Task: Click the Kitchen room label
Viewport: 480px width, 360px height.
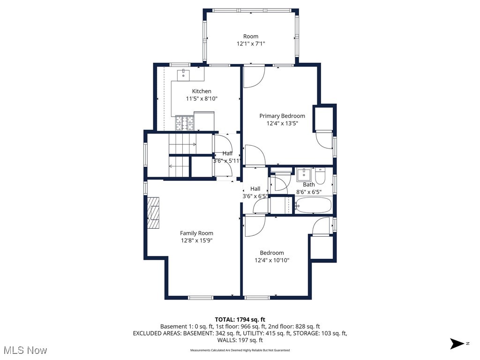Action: [202, 91]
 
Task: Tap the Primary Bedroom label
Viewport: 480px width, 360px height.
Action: [282, 116]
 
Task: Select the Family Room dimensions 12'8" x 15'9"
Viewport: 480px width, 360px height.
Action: [196, 240]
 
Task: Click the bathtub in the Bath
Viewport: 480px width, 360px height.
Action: [314, 205]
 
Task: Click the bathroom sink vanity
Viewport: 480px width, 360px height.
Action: [304, 174]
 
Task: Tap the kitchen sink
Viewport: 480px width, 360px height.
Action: [183, 74]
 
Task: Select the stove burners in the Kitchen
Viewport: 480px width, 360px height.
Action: [185, 123]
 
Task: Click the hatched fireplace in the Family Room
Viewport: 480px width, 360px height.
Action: [153, 212]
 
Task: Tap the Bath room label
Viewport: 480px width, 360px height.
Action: [308, 185]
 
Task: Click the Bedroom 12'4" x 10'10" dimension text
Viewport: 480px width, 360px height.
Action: [272, 260]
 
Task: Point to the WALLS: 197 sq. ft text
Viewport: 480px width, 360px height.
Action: [240, 340]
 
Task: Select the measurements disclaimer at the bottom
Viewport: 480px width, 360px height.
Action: [240, 350]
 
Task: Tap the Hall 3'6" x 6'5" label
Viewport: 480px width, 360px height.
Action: [255, 192]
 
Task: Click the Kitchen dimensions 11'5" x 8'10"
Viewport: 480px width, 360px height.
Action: [202, 98]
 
